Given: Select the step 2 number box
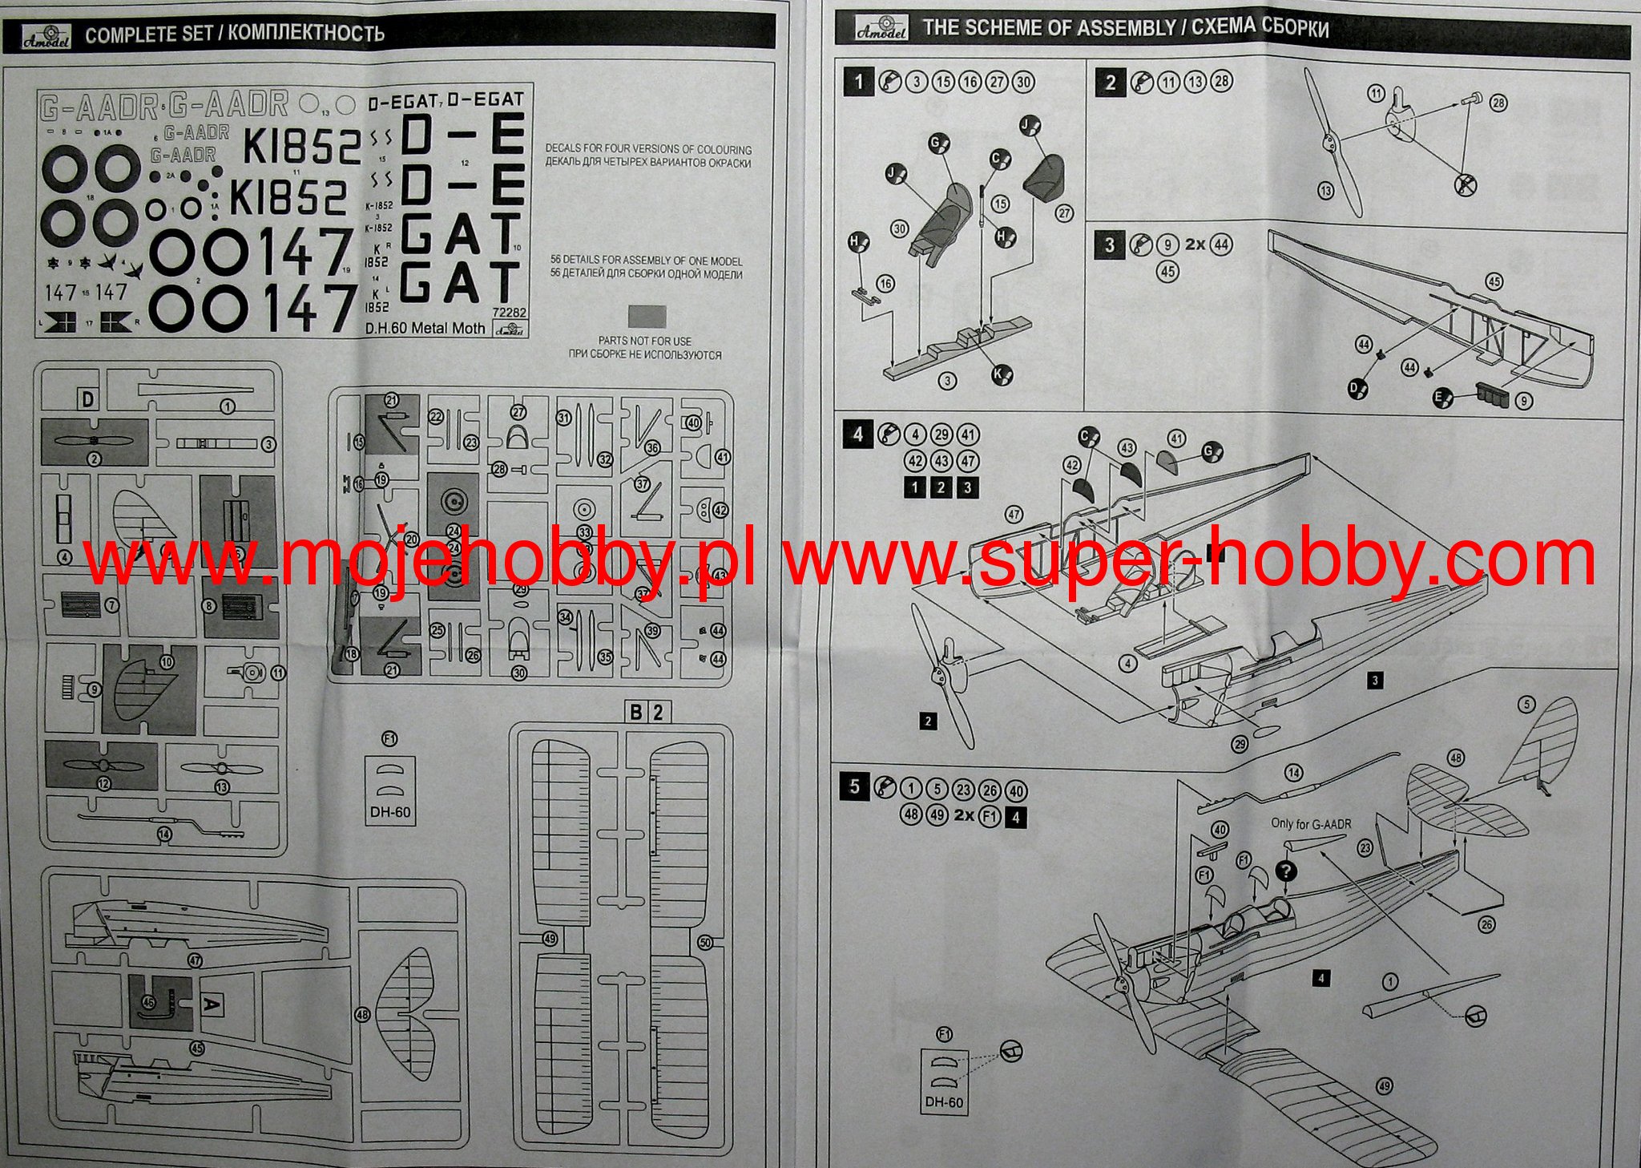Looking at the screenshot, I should pyautogui.click(x=1110, y=82).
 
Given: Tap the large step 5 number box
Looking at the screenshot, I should pyautogui.click(x=854, y=786).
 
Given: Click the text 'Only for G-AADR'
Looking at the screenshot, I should pyautogui.click(x=1311, y=823).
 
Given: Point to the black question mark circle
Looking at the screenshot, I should pyautogui.click(x=1286, y=871).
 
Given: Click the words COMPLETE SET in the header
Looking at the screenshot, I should pyautogui.click(x=147, y=34).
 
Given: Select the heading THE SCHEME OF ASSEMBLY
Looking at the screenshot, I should pyautogui.click(x=1049, y=29).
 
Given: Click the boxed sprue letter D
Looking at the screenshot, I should pyautogui.click(x=87, y=398).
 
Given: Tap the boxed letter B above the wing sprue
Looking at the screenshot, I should pyautogui.click(x=636, y=712).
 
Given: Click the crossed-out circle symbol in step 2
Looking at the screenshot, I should pyautogui.click(x=1465, y=185).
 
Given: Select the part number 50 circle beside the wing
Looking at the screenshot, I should pyautogui.click(x=705, y=943).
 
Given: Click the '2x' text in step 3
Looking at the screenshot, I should pyautogui.click(x=1195, y=245).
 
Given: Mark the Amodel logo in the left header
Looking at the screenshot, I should pyautogui.click(x=46, y=35).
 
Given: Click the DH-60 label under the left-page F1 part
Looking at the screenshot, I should pyautogui.click(x=390, y=812).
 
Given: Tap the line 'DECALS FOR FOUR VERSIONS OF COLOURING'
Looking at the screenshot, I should pyautogui.click(x=648, y=149).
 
